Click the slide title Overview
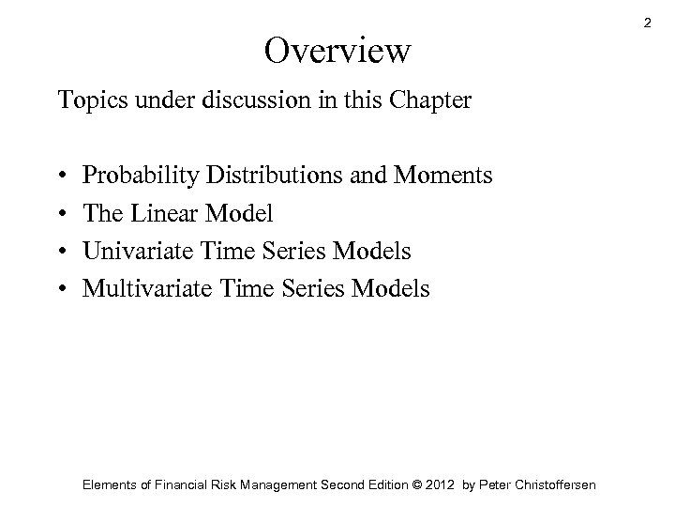point(337,51)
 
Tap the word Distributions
point(265,176)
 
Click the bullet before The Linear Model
point(62,214)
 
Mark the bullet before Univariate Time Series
point(62,252)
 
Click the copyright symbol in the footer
point(407,484)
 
